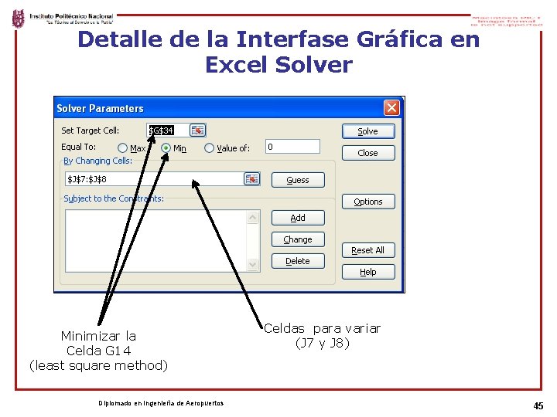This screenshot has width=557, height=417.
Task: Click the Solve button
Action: pyautogui.click(x=368, y=131)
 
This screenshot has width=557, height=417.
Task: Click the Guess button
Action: pyautogui.click(x=298, y=180)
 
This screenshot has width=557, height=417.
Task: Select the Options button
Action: pyautogui.click(x=368, y=202)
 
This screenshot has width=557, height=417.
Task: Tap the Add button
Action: pyautogui.click(x=298, y=218)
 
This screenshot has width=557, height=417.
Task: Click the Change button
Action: pyautogui.click(x=298, y=239)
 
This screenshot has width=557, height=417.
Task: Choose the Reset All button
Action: pyautogui.click(x=368, y=250)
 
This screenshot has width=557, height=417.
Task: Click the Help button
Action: pyautogui.click(x=368, y=272)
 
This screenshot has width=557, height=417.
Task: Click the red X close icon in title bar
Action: pyautogui.click(x=392, y=108)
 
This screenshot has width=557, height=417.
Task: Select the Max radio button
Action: pyautogui.click(x=123, y=148)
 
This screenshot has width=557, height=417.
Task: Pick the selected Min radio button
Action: pyautogui.click(x=166, y=148)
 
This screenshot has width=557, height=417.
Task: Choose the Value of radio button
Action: pyautogui.click(x=210, y=148)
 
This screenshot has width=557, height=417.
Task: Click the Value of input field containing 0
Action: pyautogui.click(x=292, y=147)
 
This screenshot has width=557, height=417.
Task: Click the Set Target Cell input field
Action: pyautogui.click(x=168, y=131)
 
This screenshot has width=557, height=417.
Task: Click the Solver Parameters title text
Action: pyautogui.click(x=100, y=108)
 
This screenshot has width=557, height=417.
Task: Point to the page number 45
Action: pyautogui.click(x=538, y=405)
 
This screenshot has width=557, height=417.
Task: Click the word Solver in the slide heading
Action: pyautogui.click(x=318, y=66)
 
